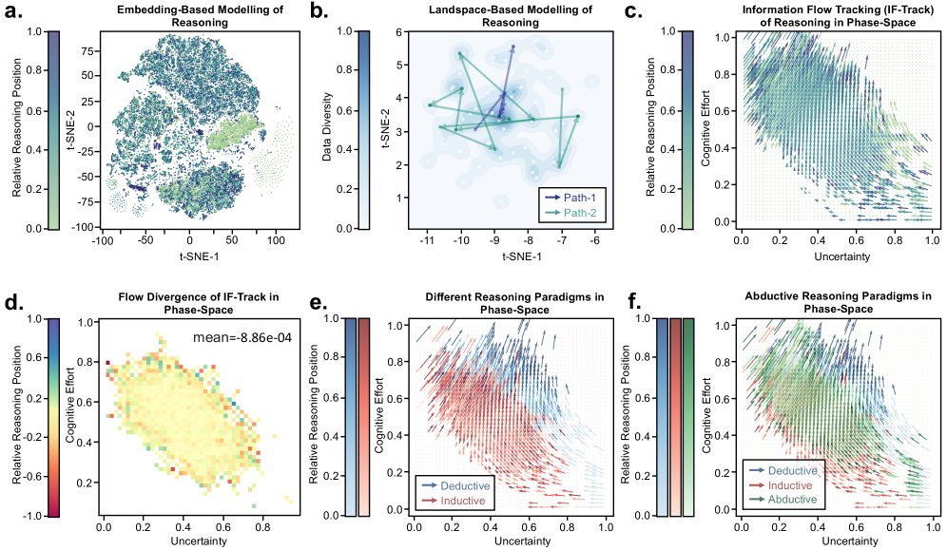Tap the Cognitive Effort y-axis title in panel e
pos(377,416)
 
